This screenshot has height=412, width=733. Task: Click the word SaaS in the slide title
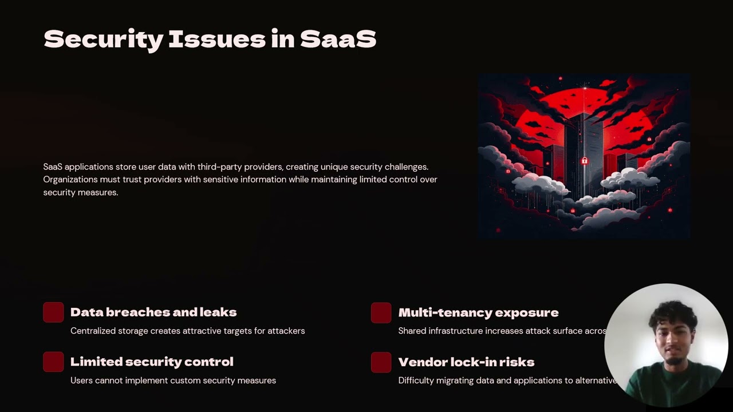click(x=338, y=39)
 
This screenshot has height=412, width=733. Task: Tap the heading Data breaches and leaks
click(x=153, y=312)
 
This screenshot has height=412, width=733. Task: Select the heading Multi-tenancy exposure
click(x=478, y=312)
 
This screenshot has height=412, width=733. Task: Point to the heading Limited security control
click(x=152, y=362)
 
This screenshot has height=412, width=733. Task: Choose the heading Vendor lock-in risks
click(x=466, y=362)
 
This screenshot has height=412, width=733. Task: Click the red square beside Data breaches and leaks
click(x=53, y=312)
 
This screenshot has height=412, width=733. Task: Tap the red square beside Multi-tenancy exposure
click(x=381, y=313)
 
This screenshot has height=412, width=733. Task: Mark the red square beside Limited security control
click(x=53, y=362)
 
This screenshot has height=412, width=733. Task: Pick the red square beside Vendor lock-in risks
click(x=381, y=362)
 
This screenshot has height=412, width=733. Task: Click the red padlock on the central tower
click(x=584, y=161)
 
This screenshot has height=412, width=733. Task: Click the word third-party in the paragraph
click(x=219, y=167)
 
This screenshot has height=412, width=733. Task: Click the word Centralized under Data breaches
click(x=93, y=331)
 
